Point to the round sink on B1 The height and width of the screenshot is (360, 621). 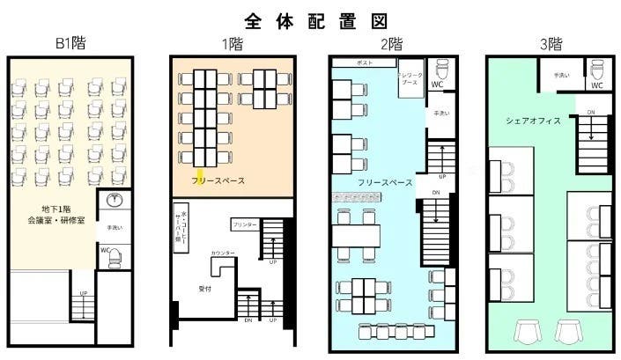[x=112, y=200]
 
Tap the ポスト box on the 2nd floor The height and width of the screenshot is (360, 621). [x=364, y=64]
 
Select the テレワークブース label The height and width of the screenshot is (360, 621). [x=411, y=77]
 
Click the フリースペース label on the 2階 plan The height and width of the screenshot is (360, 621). [x=385, y=182]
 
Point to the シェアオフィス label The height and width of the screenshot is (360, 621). [x=533, y=121]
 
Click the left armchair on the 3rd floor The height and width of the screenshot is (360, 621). [x=527, y=331]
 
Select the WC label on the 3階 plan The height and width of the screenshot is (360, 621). [x=596, y=85]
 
